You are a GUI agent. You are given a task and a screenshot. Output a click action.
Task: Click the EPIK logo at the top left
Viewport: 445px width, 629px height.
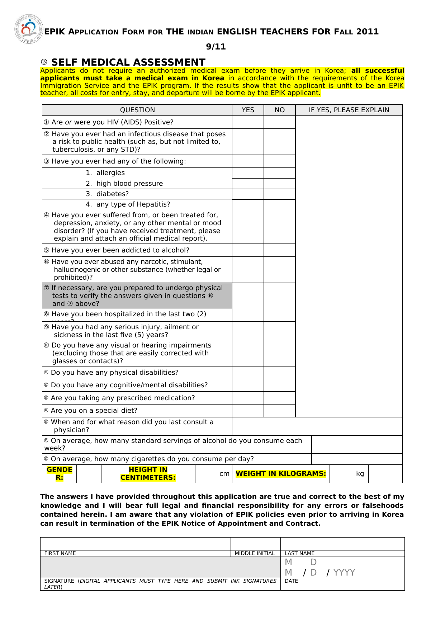tap(29, 29)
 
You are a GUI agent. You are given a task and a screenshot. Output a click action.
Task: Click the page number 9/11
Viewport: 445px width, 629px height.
tap(216, 47)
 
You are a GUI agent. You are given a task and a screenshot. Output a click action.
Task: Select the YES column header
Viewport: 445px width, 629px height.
tap(248, 110)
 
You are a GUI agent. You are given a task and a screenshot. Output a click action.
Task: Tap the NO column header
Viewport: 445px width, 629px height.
tap(280, 110)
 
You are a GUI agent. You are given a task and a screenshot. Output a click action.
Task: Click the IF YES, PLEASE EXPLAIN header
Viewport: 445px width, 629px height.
tap(349, 110)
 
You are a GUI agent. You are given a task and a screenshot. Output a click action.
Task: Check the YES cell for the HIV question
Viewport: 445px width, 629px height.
tap(248, 122)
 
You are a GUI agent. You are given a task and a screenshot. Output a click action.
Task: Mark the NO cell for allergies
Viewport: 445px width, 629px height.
tap(280, 173)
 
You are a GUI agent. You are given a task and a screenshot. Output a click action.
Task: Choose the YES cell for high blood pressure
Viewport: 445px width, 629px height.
tap(248, 184)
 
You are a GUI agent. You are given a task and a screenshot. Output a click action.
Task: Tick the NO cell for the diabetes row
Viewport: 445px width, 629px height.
tap(280, 194)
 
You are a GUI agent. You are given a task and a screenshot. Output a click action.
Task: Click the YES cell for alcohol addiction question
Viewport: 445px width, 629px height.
tap(248, 250)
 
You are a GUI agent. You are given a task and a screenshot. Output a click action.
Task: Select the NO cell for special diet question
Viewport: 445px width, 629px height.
tap(280, 411)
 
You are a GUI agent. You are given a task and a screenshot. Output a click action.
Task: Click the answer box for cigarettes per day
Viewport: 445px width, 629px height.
tap(357, 459)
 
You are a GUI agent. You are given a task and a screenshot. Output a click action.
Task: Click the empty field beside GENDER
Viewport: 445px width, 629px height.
tap(89, 474)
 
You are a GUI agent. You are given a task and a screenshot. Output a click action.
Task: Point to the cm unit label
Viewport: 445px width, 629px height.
tap(224, 474)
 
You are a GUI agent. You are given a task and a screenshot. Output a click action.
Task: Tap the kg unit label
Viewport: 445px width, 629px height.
tap(360, 474)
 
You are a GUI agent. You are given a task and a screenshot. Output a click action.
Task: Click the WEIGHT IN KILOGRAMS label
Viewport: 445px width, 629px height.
tap(281, 474)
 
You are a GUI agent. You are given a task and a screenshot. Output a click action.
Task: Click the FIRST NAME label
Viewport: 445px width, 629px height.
tap(60, 553)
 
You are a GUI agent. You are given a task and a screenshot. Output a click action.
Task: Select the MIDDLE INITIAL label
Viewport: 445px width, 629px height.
tap(255, 553)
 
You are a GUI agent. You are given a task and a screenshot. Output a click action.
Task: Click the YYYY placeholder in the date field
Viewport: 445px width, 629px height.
tap(344, 572)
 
